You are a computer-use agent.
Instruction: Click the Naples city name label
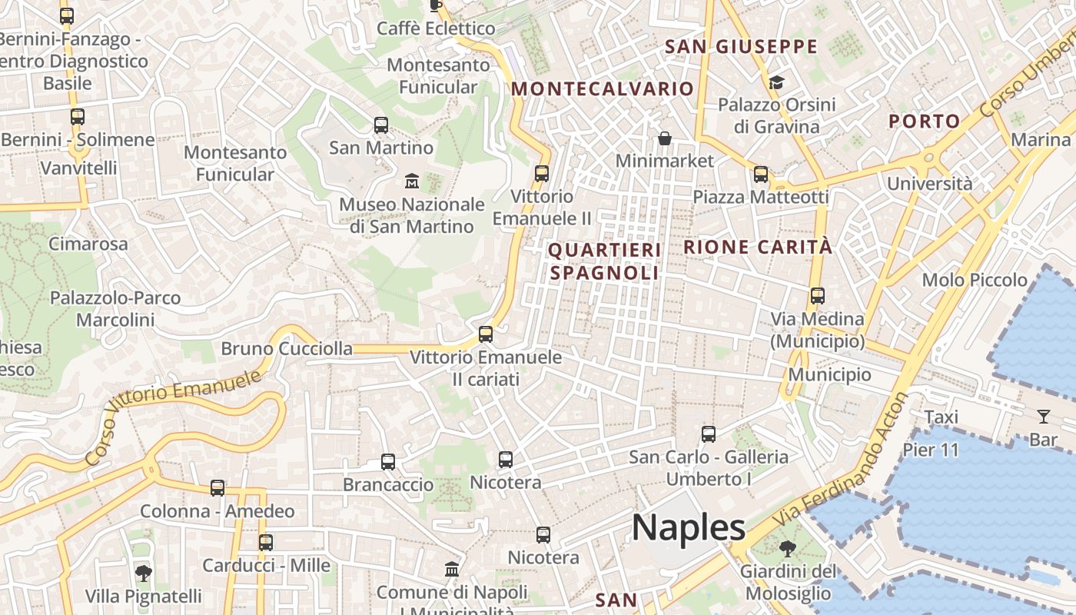[688, 528]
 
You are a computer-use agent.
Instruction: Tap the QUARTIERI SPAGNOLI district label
[604, 261]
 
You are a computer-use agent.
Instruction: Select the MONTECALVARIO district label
[603, 88]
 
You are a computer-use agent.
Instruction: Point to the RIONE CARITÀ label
[757, 247]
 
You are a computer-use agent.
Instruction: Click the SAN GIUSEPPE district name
[741, 47]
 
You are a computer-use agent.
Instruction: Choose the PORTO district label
[925, 121]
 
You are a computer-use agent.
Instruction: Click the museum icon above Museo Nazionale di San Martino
[412, 181]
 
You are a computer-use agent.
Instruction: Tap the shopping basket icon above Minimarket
[665, 138]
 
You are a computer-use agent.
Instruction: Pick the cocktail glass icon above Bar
[1043, 417]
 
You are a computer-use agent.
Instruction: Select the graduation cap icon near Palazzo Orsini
[776, 82]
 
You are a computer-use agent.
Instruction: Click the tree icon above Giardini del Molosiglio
[787, 549]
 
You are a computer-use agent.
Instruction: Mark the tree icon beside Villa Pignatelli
[143, 573]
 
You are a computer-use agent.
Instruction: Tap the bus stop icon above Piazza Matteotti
[761, 175]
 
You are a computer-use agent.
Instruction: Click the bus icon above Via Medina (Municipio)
[818, 296]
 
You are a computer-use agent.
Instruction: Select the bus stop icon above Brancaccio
[388, 462]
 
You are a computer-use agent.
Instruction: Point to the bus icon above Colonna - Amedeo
[218, 488]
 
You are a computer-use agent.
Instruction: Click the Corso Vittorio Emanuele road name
[173, 415]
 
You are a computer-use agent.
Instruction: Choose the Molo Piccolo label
[975, 280]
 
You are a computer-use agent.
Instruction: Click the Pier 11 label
[931, 450]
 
